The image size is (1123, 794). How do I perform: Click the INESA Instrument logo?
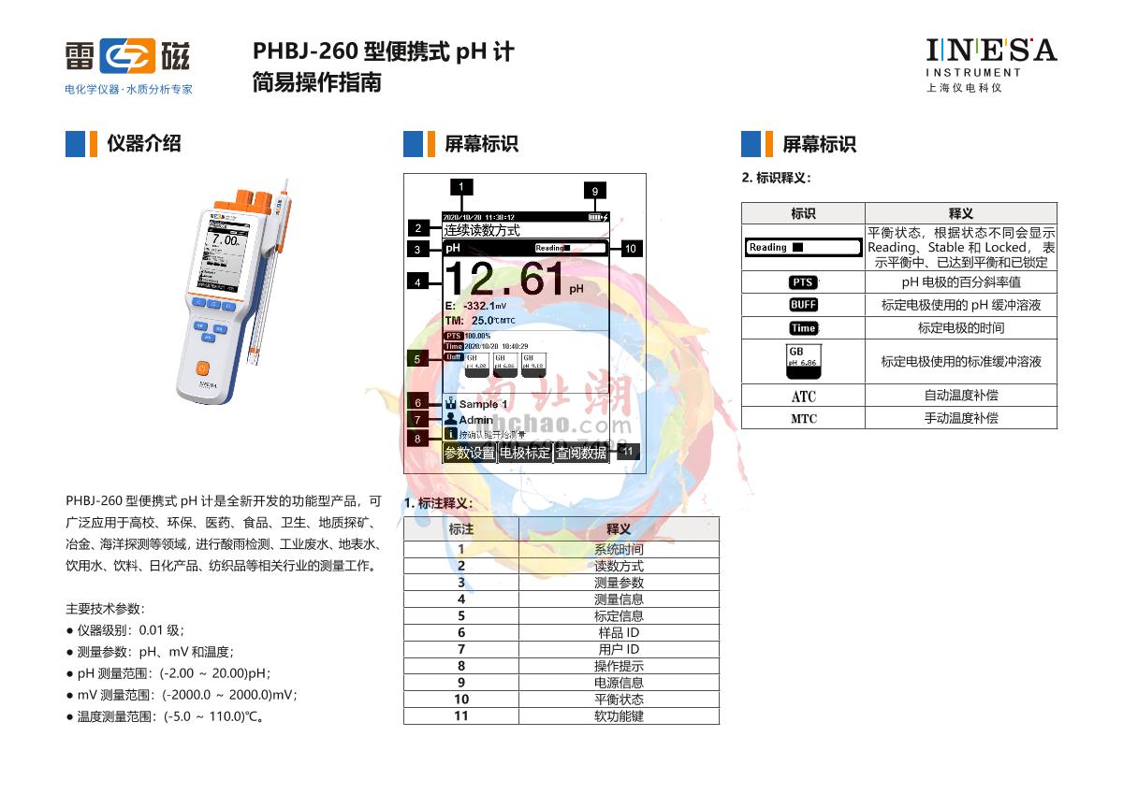pyautogui.click(x=991, y=62)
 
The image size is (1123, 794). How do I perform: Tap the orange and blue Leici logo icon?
pyautogui.click(x=127, y=57)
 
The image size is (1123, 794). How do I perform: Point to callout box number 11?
pyautogui.click(x=628, y=451)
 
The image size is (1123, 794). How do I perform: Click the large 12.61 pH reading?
pyautogui.click(x=505, y=279)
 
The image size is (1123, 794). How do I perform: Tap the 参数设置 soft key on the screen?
pyautogui.click(x=469, y=454)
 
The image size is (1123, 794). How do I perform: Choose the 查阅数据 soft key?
pyautogui.click(x=581, y=454)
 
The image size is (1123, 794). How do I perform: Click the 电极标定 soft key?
pyautogui.click(x=525, y=454)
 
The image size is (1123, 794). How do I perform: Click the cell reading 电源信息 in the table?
pyautogui.click(x=619, y=683)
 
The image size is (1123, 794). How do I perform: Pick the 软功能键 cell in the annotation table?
pyautogui.click(x=619, y=716)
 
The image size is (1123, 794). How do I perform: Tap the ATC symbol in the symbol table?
pyautogui.click(x=803, y=397)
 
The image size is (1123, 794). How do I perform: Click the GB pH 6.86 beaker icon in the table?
pyautogui.click(x=802, y=361)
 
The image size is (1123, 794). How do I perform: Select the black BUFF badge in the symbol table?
pyautogui.click(x=803, y=305)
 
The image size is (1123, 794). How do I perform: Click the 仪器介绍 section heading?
pyautogui.click(x=143, y=144)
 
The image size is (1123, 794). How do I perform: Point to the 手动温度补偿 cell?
pyautogui.click(x=960, y=418)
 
